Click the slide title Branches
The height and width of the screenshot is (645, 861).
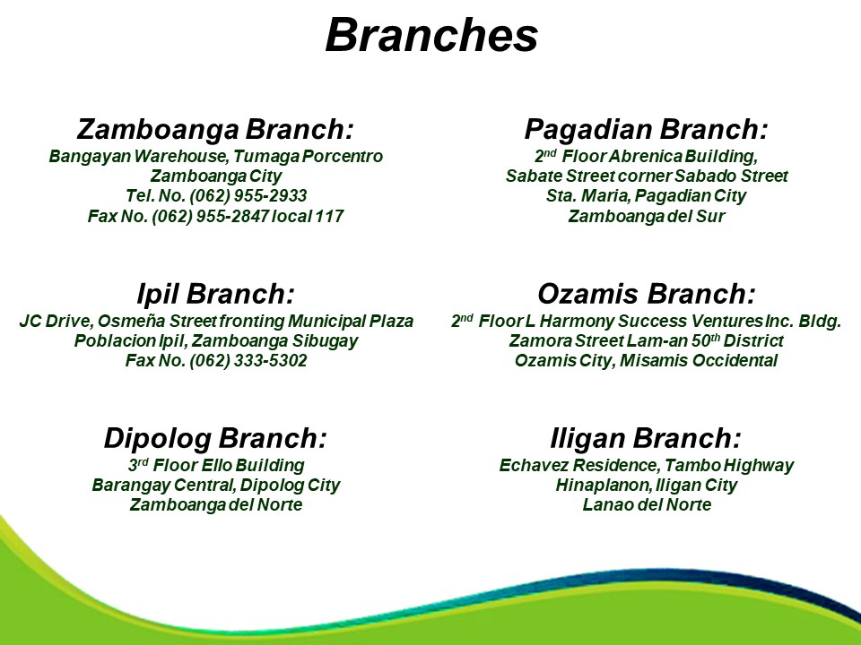point(431,36)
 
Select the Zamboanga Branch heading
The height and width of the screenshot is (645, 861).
point(215,129)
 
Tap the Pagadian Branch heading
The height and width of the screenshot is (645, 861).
point(646,129)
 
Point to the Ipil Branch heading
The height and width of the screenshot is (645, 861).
point(216,294)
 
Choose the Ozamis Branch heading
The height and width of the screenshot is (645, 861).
point(647,294)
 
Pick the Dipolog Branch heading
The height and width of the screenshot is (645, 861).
point(215,438)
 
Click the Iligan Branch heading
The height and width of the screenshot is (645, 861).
point(646,438)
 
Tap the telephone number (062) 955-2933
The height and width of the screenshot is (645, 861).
point(248,196)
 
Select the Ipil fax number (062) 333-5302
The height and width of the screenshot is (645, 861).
point(248,361)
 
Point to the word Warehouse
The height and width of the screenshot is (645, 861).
point(180,156)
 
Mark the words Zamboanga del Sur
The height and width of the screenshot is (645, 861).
point(647,216)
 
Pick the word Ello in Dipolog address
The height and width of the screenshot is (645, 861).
point(217,466)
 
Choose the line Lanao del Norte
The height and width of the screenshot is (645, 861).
point(647,504)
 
